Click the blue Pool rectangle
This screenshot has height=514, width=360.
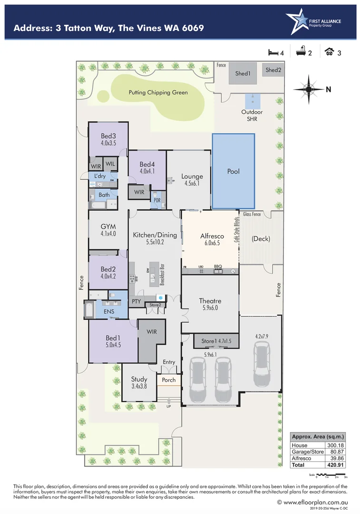tap(233, 171)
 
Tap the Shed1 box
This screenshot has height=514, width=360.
tap(243, 74)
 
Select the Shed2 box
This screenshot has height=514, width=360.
tap(273, 70)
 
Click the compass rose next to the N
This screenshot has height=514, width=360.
tap(308, 88)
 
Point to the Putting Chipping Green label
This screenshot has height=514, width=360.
tap(158, 92)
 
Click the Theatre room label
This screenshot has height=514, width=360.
tap(210, 301)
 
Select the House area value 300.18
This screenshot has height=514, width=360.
tap(334, 445)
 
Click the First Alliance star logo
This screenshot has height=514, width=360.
tap(296, 22)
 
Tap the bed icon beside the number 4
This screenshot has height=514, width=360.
tap(272, 52)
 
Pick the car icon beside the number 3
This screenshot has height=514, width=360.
tap(329, 52)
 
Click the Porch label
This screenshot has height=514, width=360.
tap(169, 380)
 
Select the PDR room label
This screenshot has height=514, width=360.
tap(157, 200)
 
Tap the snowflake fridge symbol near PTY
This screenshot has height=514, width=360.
tap(161, 298)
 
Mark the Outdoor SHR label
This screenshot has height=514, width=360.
tap(252, 116)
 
